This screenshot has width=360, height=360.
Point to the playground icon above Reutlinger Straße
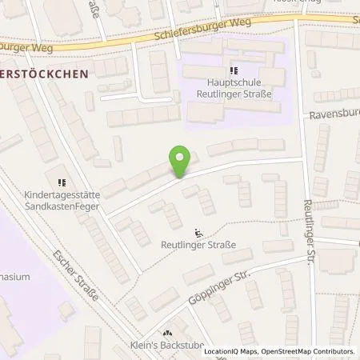(x=198, y=234)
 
